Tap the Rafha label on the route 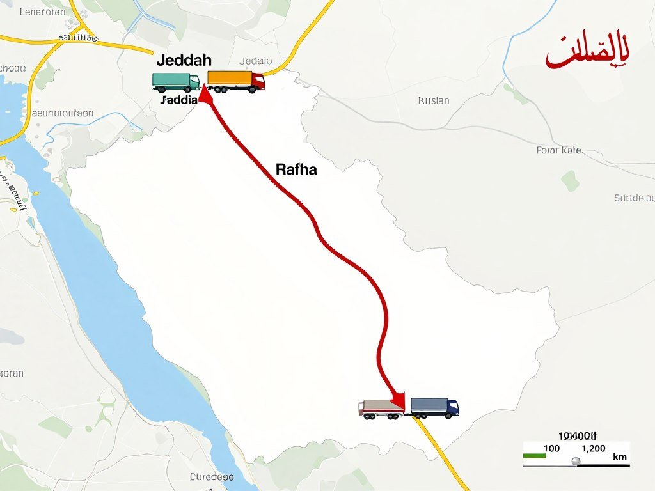coord(296,169)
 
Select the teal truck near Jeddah coord(175,82)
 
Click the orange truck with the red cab coord(236,81)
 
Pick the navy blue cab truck coord(435,407)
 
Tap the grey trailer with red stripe coord(382,408)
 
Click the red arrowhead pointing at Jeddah coord(205,95)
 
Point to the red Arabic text coord(587,55)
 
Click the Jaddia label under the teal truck coord(179,100)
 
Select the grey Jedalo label coord(255,61)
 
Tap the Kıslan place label coord(434,100)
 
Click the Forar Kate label coord(558,150)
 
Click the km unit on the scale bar coord(619,457)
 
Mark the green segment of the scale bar coord(534,456)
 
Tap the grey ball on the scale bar coord(575,461)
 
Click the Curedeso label coord(212,477)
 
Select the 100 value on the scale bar coord(551,448)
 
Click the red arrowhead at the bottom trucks coord(398,400)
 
